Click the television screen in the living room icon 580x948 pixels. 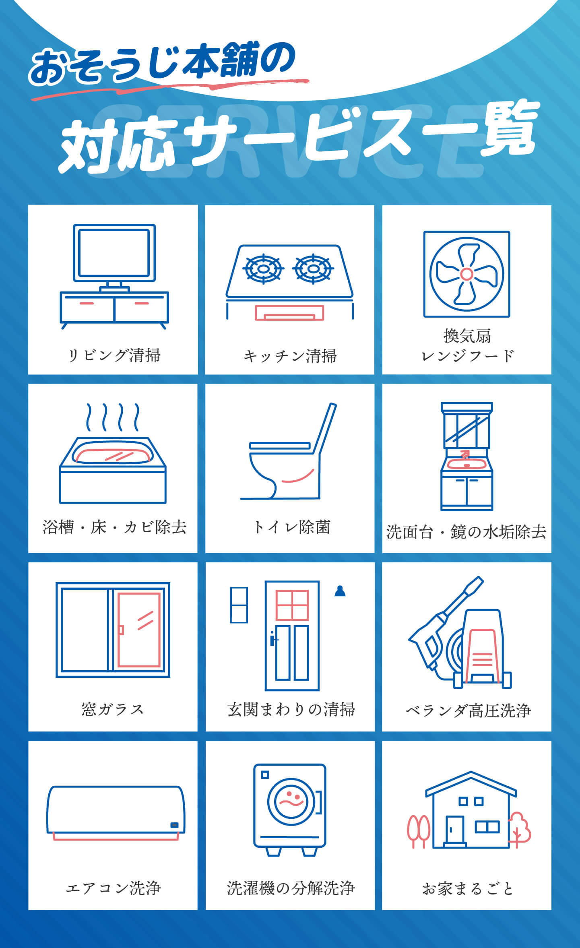pos(114,252)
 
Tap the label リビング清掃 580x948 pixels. pos(114,355)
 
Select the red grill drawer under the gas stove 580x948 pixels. pos(289,312)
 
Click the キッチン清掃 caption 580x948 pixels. pos(290,356)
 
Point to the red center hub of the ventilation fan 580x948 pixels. pos(466,274)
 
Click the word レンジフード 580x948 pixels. pos(467,356)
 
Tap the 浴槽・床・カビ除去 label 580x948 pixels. pos(114,527)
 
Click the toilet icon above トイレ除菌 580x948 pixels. pos(289,451)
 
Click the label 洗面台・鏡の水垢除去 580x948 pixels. pos(466,532)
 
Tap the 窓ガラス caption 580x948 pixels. pos(113,709)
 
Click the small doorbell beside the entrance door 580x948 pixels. pos(340,591)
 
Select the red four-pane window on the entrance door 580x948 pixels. pos(292,605)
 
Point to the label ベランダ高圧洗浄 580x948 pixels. pos(468,710)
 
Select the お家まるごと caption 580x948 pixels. pos(468,888)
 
